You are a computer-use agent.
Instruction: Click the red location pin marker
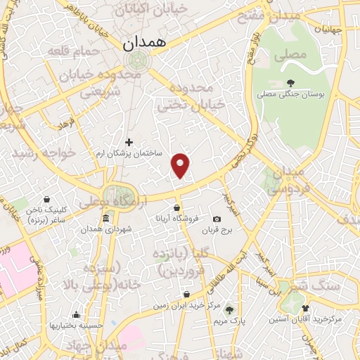(181, 165)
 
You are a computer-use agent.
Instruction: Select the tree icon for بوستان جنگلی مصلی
(290, 82)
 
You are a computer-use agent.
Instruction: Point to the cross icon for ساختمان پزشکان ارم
(129, 142)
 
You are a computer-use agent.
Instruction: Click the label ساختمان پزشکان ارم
(129, 153)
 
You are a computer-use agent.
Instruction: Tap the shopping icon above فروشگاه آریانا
(177, 208)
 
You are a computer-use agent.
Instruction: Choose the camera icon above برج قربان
(217, 219)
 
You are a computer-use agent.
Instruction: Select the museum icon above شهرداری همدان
(105, 219)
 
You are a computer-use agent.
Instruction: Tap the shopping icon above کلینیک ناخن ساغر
(46, 200)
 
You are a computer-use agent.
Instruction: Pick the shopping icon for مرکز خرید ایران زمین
(186, 295)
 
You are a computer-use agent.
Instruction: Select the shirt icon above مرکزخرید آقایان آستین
(304, 308)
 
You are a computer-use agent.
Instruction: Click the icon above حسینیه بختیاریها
(76, 314)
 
